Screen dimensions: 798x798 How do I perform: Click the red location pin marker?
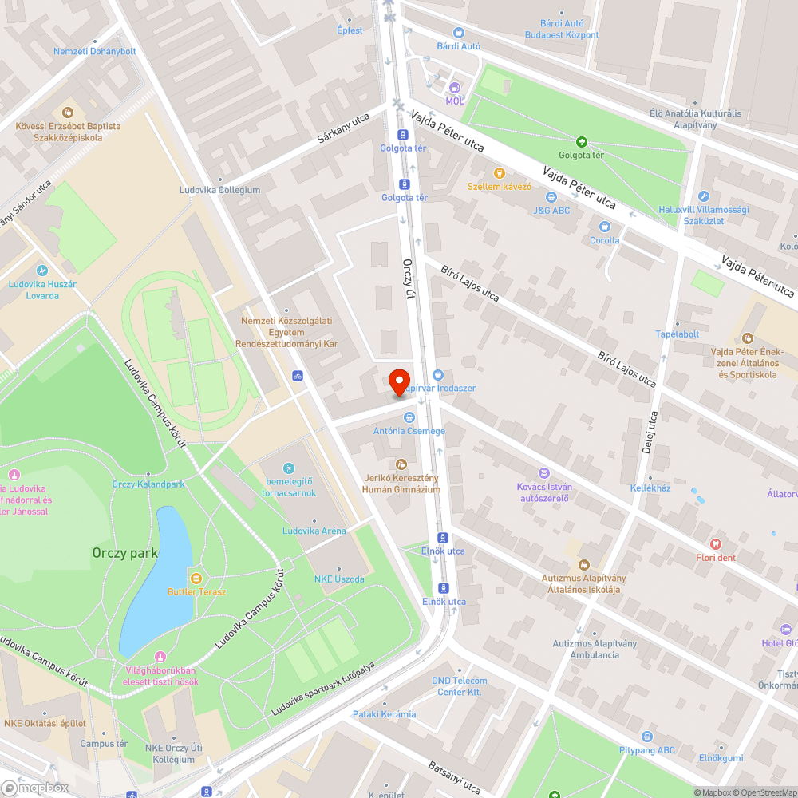(x=399, y=381)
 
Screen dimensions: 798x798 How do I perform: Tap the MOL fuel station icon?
(x=454, y=88)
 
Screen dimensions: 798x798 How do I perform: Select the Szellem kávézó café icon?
(x=500, y=172)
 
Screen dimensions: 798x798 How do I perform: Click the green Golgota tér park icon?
(x=581, y=141)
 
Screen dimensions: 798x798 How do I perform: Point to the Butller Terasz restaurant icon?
(x=196, y=578)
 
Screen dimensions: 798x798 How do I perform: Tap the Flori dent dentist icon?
(x=715, y=543)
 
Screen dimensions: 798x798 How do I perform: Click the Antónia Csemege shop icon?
(x=409, y=417)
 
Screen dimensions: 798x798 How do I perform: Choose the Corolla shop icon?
(x=604, y=227)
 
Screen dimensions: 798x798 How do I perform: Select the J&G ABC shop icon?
(x=551, y=197)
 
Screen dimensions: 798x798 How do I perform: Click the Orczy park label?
(x=124, y=552)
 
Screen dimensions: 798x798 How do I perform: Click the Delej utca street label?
(x=649, y=432)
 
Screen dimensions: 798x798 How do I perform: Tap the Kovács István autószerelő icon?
(x=544, y=473)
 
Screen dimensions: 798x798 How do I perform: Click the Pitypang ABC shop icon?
(x=647, y=736)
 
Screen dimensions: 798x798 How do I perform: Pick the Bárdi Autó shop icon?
(x=458, y=33)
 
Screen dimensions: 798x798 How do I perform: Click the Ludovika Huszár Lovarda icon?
(x=43, y=270)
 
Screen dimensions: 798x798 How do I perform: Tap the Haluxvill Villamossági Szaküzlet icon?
(x=703, y=196)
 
